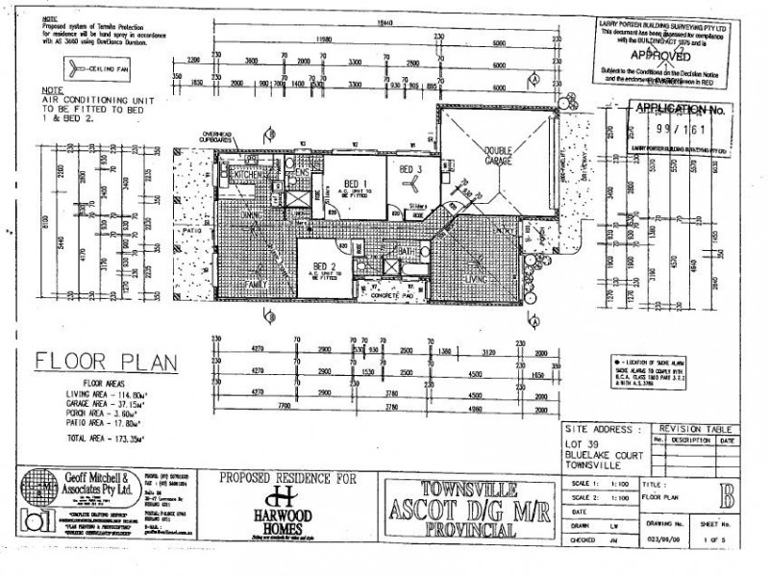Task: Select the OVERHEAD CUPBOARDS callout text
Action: click(220, 138)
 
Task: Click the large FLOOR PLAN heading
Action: click(106, 362)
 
